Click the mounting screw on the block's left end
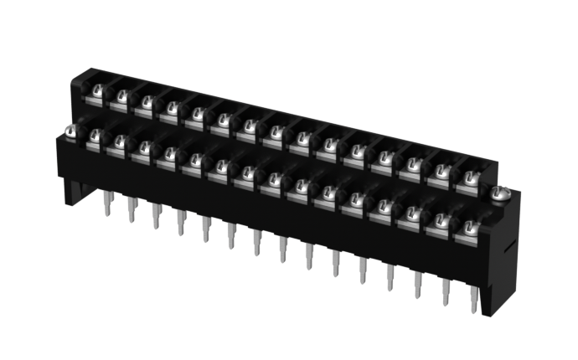(x=71, y=131)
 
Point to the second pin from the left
(x=132, y=208)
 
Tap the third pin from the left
(x=156, y=215)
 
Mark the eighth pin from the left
(x=283, y=249)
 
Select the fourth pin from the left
(x=181, y=222)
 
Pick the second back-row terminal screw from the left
(x=123, y=95)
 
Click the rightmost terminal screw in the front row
(x=469, y=226)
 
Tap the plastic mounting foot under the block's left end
(x=70, y=191)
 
